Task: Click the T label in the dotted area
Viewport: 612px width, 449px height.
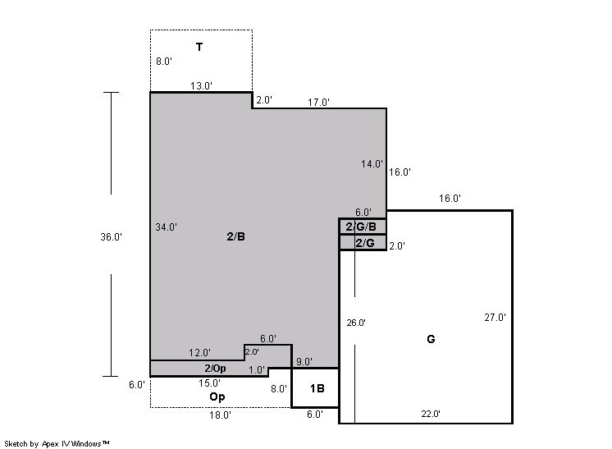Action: tap(199, 48)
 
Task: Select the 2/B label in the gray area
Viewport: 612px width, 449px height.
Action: tap(235, 236)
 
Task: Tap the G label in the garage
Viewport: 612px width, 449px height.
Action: tap(431, 339)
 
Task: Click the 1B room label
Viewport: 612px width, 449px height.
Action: tap(317, 388)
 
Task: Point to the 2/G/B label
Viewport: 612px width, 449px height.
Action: tap(361, 227)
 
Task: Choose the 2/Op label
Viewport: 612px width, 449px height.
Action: tap(215, 369)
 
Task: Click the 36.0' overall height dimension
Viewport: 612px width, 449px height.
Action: tap(112, 237)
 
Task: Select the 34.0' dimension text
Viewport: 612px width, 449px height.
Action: tap(167, 227)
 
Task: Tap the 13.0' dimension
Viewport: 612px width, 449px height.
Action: tap(201, 86)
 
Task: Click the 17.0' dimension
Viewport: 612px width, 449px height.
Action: tap(318, 103)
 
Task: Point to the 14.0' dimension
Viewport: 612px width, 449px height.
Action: tap(372, 164)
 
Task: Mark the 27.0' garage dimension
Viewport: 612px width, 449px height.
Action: tap(496, 318)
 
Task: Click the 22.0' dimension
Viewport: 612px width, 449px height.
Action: tap(431, 414)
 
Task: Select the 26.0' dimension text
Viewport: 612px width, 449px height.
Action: tap(356, 323)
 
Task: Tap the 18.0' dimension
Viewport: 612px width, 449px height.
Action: tap(220, 415)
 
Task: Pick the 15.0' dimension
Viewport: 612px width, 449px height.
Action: tap(209, 383)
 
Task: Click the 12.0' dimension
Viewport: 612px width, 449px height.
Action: tap(200, 353)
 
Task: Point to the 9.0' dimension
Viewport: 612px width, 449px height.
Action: tap(304, 362)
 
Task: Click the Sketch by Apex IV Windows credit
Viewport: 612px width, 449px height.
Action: tap(57, 444)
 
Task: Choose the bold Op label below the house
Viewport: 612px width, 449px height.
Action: tap(217, 397)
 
